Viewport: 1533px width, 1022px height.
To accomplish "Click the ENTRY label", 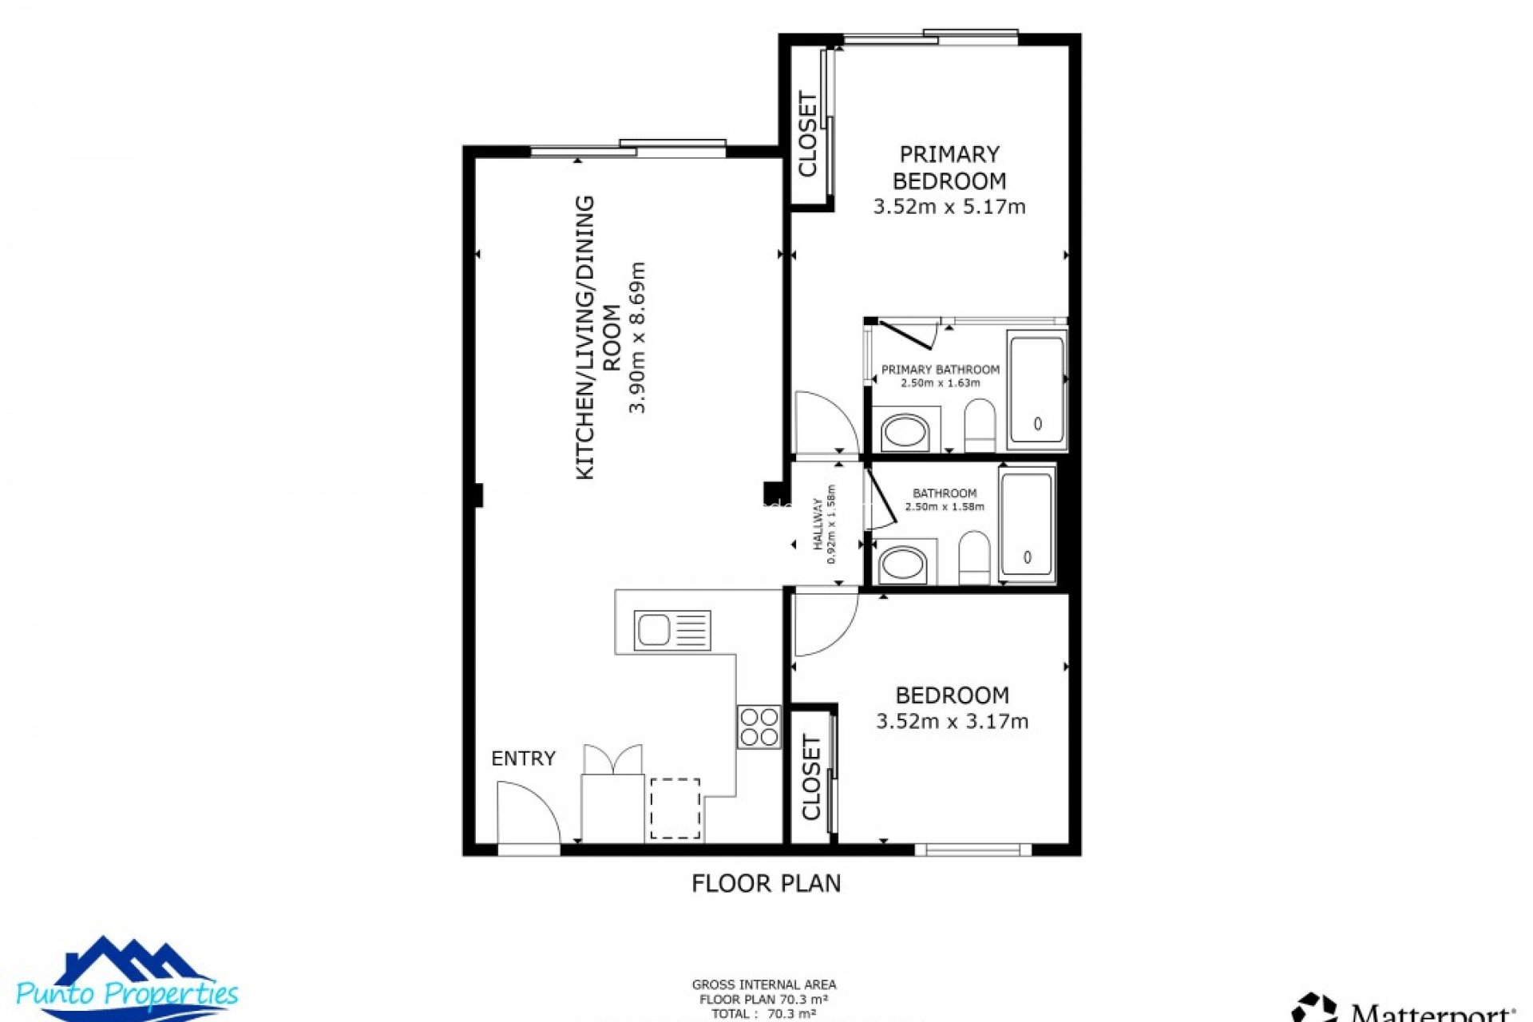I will (523, 759).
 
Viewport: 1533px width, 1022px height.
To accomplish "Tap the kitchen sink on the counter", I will (671, 631).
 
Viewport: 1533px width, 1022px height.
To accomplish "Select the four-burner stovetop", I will (759, 727).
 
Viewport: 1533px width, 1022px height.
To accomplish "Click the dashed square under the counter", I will (675, 809).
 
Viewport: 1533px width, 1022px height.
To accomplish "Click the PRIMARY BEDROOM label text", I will (949, 168).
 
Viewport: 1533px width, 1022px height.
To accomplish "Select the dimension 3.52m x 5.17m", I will (949, 207).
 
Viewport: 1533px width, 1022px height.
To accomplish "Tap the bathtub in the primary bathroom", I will (1036, 390).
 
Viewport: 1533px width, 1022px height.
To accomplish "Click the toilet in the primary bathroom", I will (980, 426).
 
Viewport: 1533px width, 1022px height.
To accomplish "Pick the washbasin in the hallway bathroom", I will (902, 564).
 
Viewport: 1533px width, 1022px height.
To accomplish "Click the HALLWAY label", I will (818, 524).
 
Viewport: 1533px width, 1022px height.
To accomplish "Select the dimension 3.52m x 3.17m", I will (952, 722).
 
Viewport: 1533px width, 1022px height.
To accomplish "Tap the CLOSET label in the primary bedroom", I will (808, 134).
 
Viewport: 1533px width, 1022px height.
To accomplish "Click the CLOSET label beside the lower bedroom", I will (811, 778).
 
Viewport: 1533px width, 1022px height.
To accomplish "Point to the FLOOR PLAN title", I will (766, 883).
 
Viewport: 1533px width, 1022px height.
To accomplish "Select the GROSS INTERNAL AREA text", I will (763, 984).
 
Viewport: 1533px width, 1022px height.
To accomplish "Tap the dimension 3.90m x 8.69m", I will (636, 337).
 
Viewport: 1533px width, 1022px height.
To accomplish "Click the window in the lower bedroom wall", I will (972, 850).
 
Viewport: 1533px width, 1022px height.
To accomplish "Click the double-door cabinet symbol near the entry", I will (613, 760).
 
